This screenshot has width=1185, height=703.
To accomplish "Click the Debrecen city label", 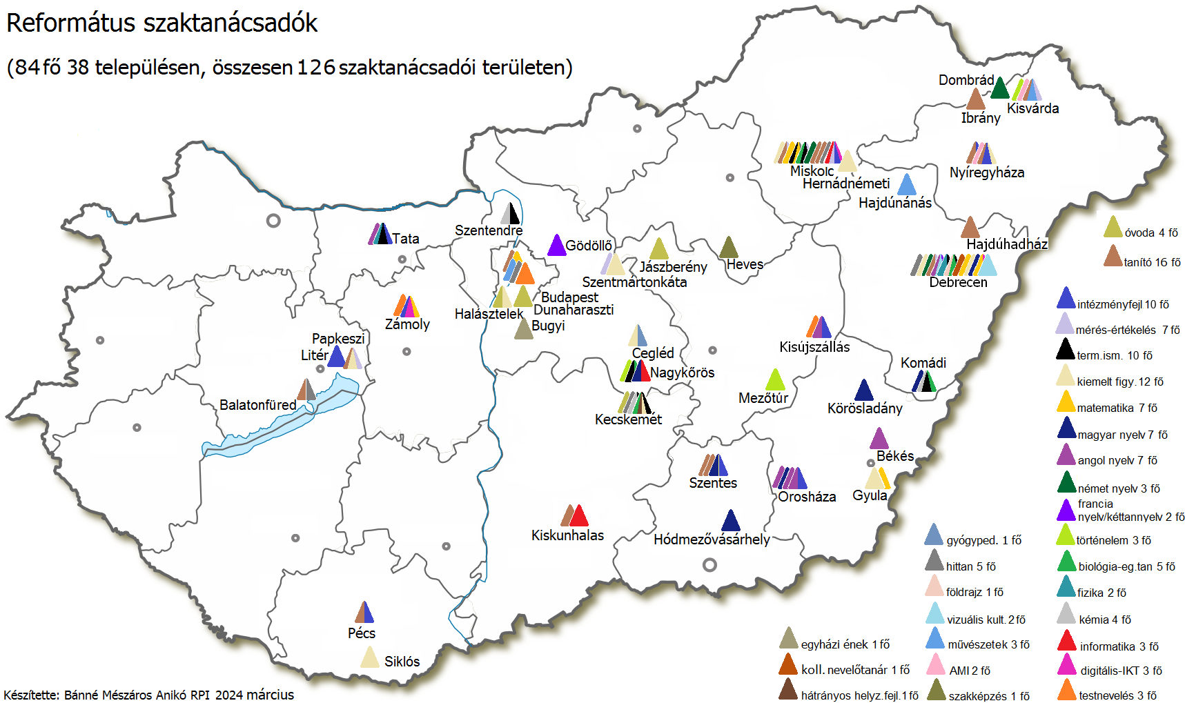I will pyautogui.click(x=958, y=282).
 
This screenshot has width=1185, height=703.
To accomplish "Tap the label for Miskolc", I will pyautogui.click(x=812, y=170).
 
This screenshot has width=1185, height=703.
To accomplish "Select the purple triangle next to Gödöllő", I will pyautogui.click(x=556, y=246).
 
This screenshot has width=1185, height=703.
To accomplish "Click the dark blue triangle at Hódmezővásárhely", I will pyautogui.click(x=730, y=521).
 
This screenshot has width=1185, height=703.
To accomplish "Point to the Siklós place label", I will pyautogui.click(x=402, y=662).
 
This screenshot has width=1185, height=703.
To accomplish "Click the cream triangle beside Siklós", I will pyautogui.click(x=370, y=657).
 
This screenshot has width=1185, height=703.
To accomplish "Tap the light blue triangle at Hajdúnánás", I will pyautogui.click(x=906, y=185).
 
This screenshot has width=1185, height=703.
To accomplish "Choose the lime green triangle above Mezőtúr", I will pyautogui.click(x=776, y=380).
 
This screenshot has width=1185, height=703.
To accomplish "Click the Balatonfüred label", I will pyautogui.click(x=257, y=405).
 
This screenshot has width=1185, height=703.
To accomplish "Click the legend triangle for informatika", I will pyautogui.click(x=1067, y=642).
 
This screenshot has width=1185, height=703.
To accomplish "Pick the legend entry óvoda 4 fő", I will pyautogui.click(x=1150, y=232).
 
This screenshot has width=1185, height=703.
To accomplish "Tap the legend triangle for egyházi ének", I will pyautogui.click(x=788, y=640).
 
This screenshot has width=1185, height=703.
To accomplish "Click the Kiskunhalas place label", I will pyautogui.click(x=567, y=535).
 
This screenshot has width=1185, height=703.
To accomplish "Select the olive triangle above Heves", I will pyautogui.click(x=728, y=248).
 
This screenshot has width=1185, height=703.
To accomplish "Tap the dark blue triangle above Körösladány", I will pyautogui.click(x=863, y=390).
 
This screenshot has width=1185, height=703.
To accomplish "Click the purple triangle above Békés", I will pyautogui.click(x=879, y=439).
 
